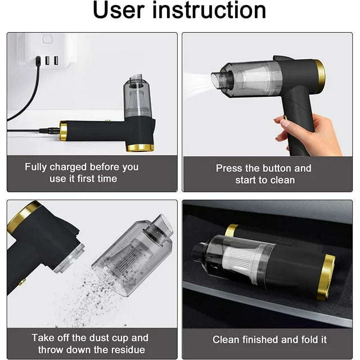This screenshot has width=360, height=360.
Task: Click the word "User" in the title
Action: click(119, 10)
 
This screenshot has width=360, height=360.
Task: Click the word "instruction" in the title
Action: click(209, 10)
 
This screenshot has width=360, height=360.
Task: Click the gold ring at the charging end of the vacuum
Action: click(63, 130)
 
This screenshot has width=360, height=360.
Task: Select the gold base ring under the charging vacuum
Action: click(140, 148)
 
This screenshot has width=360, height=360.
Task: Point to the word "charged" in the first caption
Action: click(68, 167)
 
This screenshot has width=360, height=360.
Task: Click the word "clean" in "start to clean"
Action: click(282, 180)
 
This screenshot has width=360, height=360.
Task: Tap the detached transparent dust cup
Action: click(133, 255)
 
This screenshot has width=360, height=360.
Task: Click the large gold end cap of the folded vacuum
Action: click(326, 277)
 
